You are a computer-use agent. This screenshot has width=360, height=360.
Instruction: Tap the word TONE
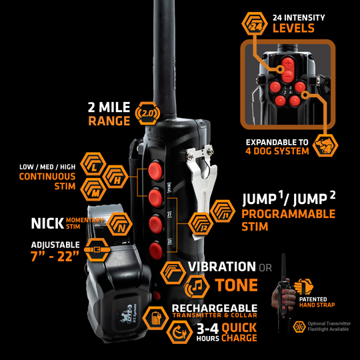click(x=235, y=285)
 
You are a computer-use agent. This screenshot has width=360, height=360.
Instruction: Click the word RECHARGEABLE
click(x=215, y=307)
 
